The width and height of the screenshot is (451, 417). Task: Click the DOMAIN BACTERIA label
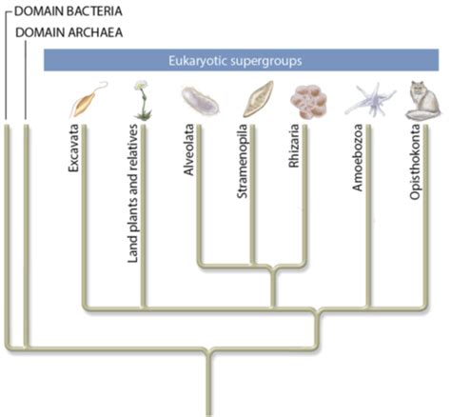click(69, 11)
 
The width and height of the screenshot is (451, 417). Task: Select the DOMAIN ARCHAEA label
click(69, 32)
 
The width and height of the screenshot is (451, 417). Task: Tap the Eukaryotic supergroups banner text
click(235, 60)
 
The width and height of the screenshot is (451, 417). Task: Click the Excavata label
click(73, 148)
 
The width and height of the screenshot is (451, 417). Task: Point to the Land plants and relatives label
click(133, 193)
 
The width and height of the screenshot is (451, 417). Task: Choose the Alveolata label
click(188, 149)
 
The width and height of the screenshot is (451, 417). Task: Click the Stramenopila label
click(242, 161)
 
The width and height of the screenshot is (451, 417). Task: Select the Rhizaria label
click(294, 146)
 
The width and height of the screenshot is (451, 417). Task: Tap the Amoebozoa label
click(358, 158)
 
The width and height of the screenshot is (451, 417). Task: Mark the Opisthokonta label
click(415, 162)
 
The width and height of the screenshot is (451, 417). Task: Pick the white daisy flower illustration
click(142, 100)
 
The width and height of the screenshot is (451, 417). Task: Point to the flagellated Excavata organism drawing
click(88, 99)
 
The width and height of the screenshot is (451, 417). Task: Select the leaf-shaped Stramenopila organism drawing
click(258, 99)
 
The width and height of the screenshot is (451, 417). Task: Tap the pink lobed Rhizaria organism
click(308, 102)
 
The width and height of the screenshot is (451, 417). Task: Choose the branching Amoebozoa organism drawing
click(370, 100)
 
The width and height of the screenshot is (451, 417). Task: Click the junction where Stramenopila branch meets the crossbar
click(253, 264)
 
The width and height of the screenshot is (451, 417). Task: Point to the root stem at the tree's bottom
click(208, 384)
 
